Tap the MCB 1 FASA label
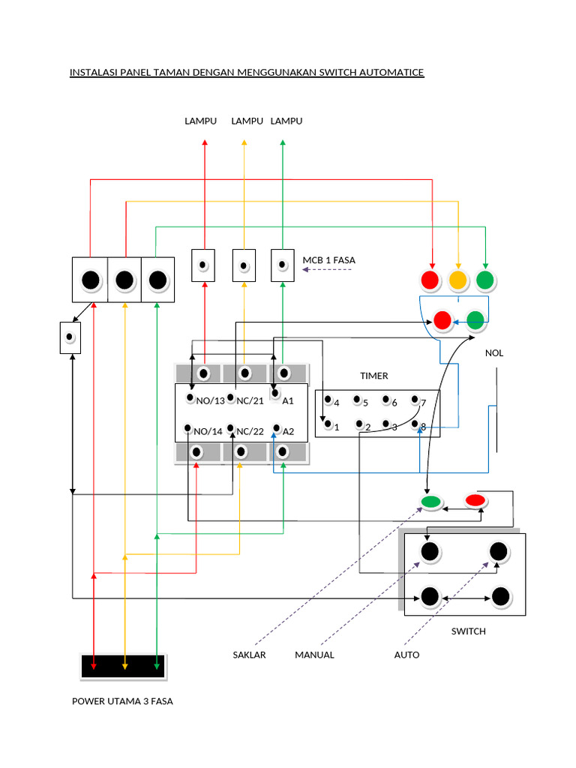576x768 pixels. click(x=328, y=260)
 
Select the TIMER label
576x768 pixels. click(x=373, y=376)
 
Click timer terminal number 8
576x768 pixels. click(x=423, y=427)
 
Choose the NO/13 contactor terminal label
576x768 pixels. click(x=209, y=401)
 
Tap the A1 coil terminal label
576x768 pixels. click(x=287, y=401)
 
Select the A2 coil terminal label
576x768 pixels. click(x=287, y=431)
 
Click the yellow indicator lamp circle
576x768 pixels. click(x=457, y=280)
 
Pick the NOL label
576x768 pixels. click(x=495, y=353)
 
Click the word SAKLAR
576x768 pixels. click(x=249, y=655)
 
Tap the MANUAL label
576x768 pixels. click(x=314, y=655)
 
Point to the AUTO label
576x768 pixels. click(x=406, y=655)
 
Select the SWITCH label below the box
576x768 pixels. click(x=468, y=631)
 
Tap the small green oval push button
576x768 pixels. click(x=430, y=502)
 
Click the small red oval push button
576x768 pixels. click(x=475, y=500)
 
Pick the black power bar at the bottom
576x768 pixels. click(x=124, y=665)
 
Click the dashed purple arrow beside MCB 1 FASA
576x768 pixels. click(x=326, y=269)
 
